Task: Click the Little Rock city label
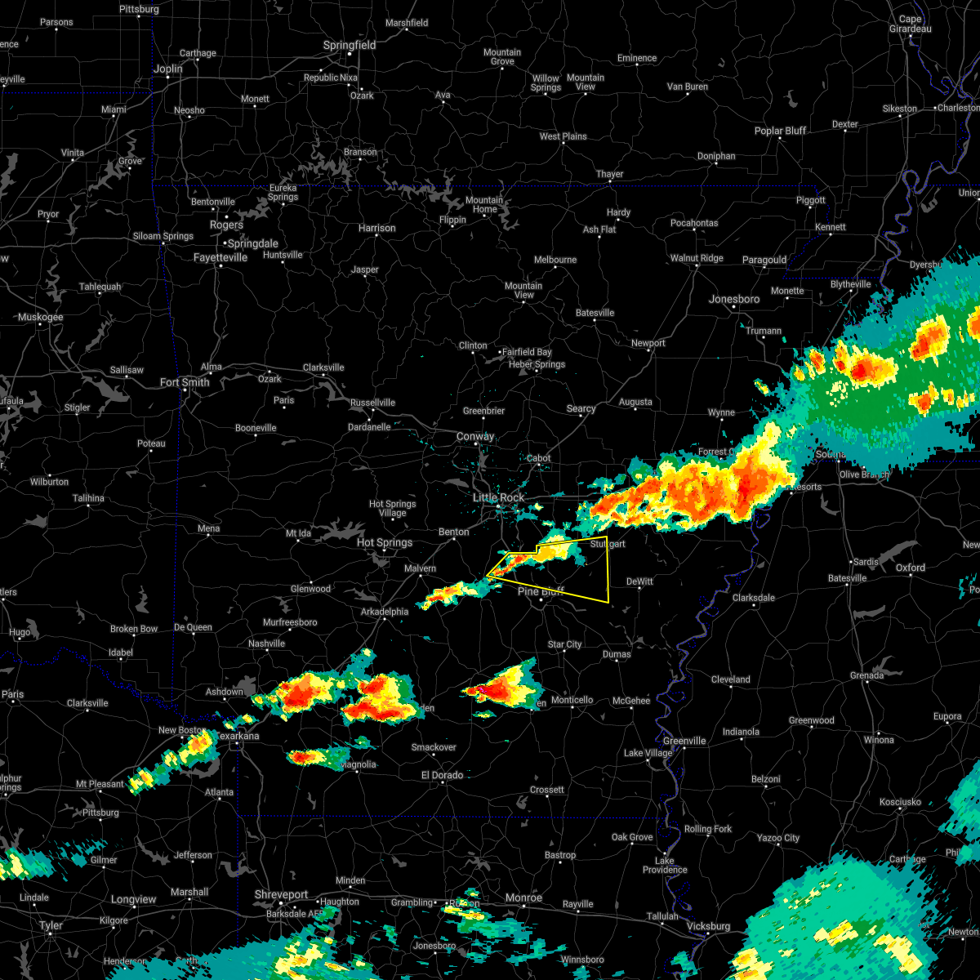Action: (499, 497)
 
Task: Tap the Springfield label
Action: (350, 46)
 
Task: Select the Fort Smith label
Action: (185, 382)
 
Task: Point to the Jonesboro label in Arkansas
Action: (734, 299)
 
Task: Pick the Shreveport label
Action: (281, 895)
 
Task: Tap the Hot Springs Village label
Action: (393, 508)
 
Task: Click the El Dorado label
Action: (442, 775)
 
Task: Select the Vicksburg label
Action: (708, 926)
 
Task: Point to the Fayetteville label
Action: (220, 257)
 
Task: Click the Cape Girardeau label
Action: (910, 24)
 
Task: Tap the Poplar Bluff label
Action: (780, 131)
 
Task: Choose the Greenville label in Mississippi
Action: (684, 741)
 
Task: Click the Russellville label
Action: (372, 403)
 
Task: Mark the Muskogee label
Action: (41, 317)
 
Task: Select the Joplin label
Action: (168, 69)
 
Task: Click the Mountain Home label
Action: (484, 204)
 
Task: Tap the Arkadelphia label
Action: (385, 612)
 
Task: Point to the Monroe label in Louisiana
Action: (523, 898)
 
